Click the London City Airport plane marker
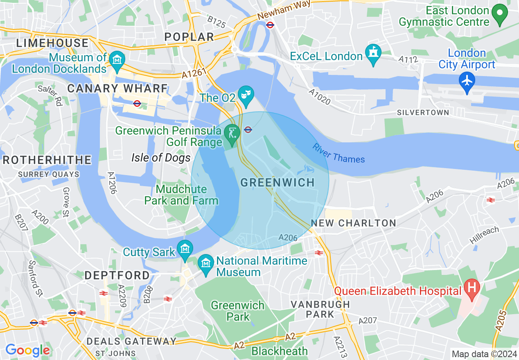click(467, 79)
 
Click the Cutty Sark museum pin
click(185, 250)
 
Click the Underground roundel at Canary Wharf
click(137, 103)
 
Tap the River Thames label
click(338, 153)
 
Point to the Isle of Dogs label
click(161, 157)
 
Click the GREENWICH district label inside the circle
click(278, 182)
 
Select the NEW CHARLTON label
click(354, 223)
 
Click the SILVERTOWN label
click(423, 112)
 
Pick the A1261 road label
click(193, 73)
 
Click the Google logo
click(27, 350)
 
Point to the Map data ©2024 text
click(483, 353)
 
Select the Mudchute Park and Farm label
click(181, 195)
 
